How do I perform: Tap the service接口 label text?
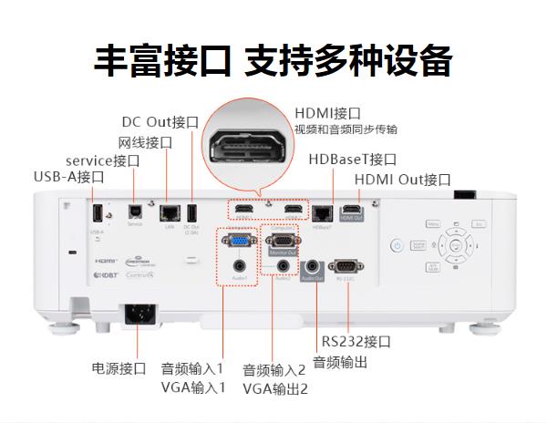[x=103, y=160]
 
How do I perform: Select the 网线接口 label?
[x=145, y=142]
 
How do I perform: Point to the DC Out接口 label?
[x=160, y=122]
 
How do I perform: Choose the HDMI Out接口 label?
[x=402, y=179]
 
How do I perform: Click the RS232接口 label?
[x=356, y=342]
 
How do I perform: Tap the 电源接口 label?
[x=119, y=368]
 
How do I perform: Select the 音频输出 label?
[x=340, y=363]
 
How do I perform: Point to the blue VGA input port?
[x=239, y=242]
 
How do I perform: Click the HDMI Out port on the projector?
[x=351, y=212]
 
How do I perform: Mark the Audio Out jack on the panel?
[x=312, y=265]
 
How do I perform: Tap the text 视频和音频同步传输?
[x=345, y=129]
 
